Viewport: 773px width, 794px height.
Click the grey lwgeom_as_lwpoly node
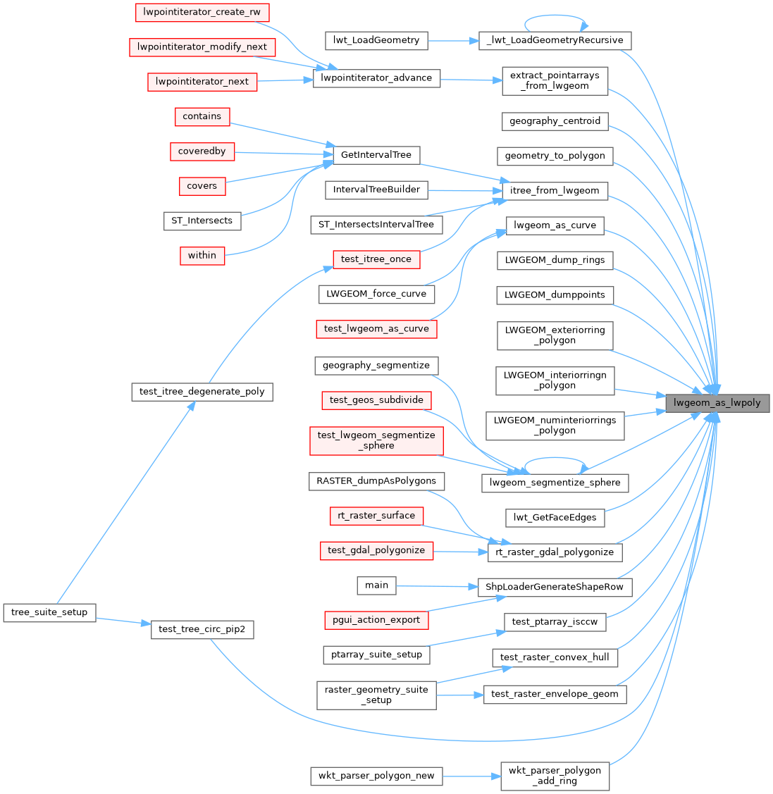click(x=717, y=403)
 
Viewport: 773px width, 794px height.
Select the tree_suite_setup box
click(x=49, y=612)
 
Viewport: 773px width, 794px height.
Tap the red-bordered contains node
click(x=202, y=116)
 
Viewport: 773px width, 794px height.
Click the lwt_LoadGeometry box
click(x=376, y=40)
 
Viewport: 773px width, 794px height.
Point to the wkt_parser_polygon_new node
click(x=376, y=776)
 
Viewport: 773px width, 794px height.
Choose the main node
click(x=376, y=585)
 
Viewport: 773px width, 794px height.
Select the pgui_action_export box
click(x=376, y=620)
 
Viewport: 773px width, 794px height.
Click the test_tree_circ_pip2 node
click(x=202, y=629)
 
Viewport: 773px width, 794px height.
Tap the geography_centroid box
click(x=555, y=121)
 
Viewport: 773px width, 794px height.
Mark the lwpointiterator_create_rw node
click(x=202, y=12)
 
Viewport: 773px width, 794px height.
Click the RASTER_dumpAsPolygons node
click(x=376, y=481)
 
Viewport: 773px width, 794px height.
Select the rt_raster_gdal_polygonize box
click(x=555, y=552)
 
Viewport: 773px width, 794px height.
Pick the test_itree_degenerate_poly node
click(x=202, y=392)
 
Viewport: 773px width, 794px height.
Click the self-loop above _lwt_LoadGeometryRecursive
click(x=555, y=18)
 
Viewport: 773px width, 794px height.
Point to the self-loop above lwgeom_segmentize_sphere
click(x=555, y=459)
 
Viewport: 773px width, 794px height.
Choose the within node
click(x=202, y=255)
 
